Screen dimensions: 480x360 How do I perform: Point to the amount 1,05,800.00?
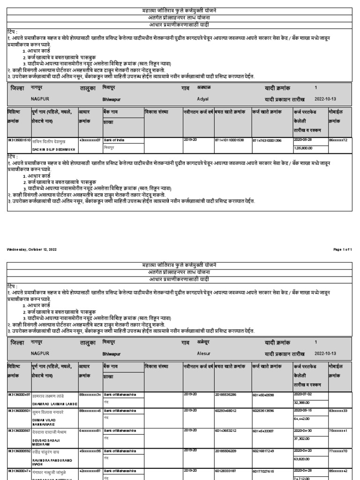pos(304,148)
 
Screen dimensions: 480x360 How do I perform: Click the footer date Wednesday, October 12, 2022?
pos(31,249)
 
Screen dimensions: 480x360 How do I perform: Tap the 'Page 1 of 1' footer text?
pos(342,249)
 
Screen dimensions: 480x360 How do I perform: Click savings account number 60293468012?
pos(227,411)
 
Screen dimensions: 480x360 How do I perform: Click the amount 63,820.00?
pos(302,459)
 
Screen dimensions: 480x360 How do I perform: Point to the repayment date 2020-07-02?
pos(303,394)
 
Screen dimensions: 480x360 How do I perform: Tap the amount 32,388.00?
pos(302,402)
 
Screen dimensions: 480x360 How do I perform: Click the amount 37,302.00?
pos(302,439)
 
